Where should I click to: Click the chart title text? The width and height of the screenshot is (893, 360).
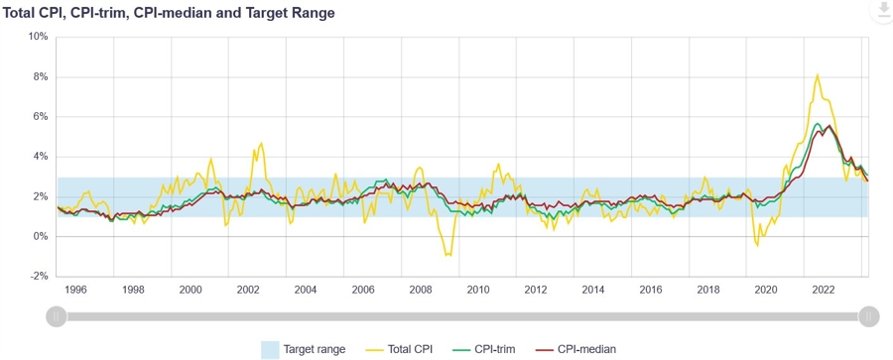tap(169, 13)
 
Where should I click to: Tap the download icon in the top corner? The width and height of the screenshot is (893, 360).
tap(881, 11)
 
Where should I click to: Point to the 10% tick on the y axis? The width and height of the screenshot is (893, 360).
tap(38, 37)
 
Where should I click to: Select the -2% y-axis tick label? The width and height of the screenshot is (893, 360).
tap(38, 277)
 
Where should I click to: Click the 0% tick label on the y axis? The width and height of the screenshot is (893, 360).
tap(40, 237)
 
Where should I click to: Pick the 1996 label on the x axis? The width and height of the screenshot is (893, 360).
tap(75, 290)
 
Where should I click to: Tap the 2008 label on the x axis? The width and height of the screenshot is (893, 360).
tap(421, 290)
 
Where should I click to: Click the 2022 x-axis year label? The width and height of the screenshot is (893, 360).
tap(823, 290)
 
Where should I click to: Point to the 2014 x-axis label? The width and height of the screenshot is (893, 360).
tap(593, 290)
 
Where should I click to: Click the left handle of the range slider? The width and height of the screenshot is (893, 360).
tap(58, 316)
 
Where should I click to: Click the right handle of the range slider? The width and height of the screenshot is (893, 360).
tap(869, 316)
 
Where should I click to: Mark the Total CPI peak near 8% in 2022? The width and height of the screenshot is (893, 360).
tap(817, 74)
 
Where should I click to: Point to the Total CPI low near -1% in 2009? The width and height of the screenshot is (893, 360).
tap(447, 256)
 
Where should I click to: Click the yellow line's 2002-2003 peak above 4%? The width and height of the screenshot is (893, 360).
tap(261, 143)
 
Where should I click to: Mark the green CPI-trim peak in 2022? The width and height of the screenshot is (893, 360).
tap(817, 124)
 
